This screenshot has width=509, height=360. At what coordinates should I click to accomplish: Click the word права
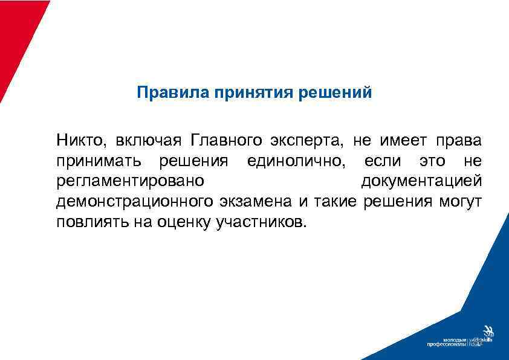(x=461, y=141)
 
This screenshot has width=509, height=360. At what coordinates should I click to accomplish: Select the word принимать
(x=99, y=161)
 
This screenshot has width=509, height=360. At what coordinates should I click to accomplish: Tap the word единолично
(x=299, y=161)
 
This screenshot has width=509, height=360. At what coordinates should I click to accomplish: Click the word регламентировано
(x=130, y=181)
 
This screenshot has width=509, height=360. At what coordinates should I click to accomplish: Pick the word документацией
(x=421, y=181)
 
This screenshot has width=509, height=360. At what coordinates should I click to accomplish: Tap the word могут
(x=461, y=201)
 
